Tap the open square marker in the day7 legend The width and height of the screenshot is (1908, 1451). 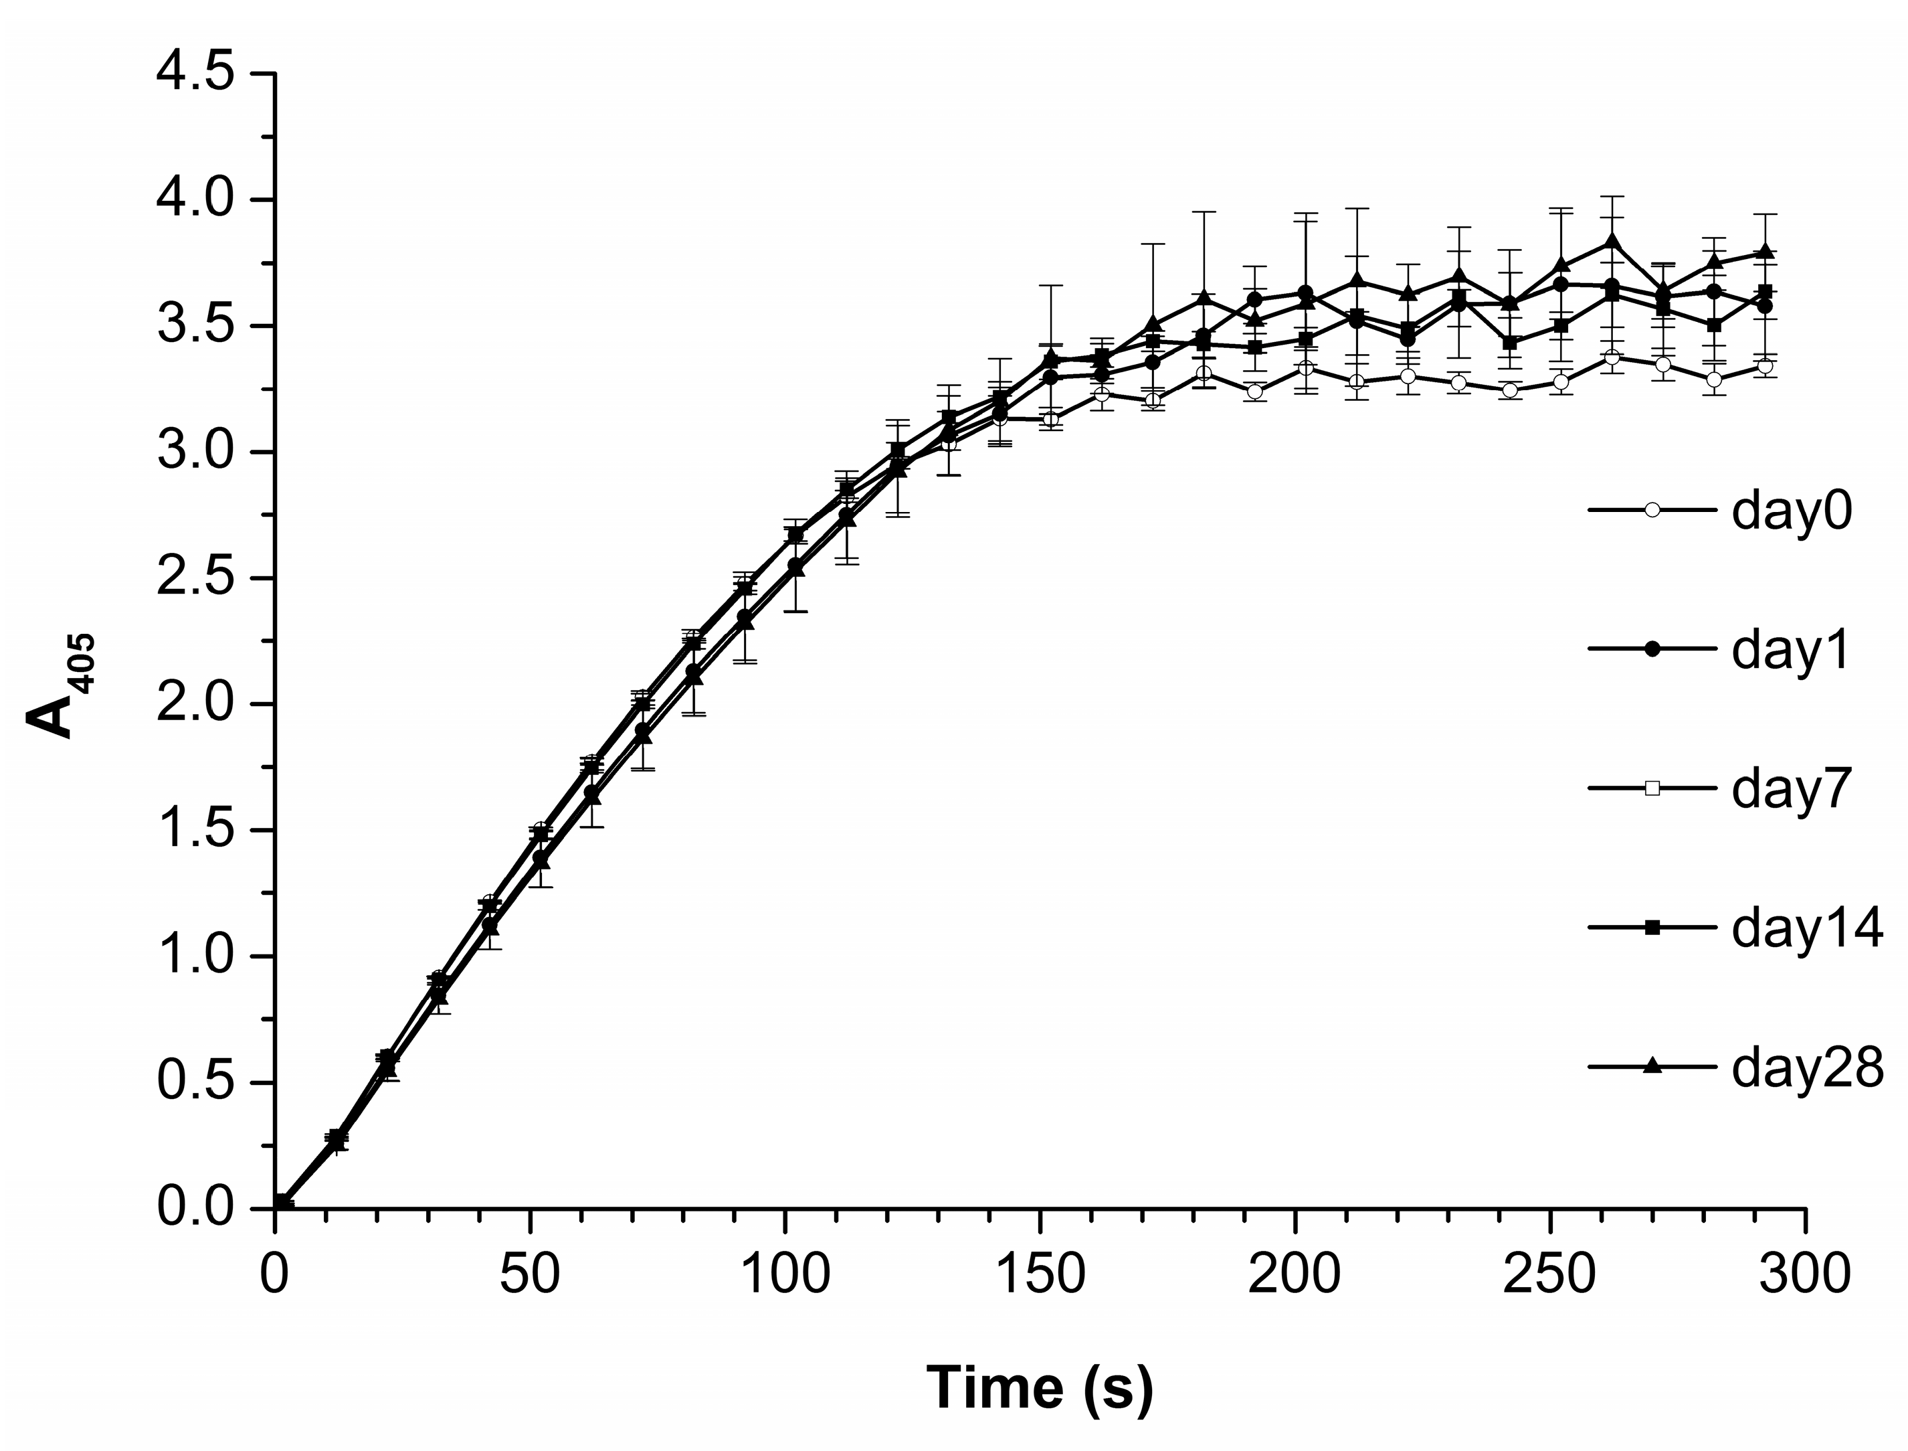click(1652, 788)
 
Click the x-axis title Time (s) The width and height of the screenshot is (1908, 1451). click(1040, 1389)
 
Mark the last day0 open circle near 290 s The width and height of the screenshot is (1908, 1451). click(1765, 366)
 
